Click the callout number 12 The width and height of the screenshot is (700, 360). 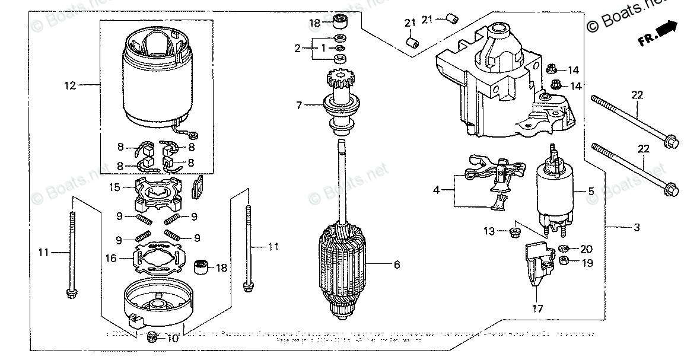[x=70, y=86]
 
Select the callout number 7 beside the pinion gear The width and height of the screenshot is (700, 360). [x=299, y=105]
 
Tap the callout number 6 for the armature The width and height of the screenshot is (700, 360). [x=396, y=265]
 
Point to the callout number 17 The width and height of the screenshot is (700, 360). [x=537, y=309]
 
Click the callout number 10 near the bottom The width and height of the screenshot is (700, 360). [x=172, y=339]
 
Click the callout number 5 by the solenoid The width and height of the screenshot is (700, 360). [x=591, y=191]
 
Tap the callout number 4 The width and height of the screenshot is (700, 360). [x=437, y=190]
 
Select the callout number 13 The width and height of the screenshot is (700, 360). [x=488, y=231]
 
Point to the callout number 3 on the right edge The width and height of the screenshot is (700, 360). [x=637, y=227]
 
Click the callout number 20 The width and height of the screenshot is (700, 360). [x=587, y=249]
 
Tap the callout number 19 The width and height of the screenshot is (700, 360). [x=587, y=263]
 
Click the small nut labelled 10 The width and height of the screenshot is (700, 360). [x=152, y=337]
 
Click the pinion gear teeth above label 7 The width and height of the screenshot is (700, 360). [x=340, y=78]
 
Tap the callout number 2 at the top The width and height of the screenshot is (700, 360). [x=298, y=49]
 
